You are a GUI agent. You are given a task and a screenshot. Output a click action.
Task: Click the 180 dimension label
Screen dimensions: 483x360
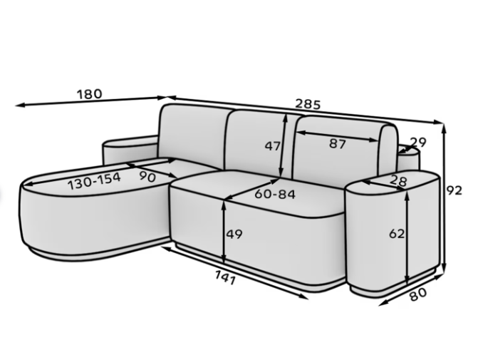tap(89, 94)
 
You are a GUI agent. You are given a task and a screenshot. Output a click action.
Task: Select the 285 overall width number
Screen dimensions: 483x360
tap(308, 105)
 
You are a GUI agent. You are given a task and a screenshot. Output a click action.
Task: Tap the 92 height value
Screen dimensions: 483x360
tap(455, 191)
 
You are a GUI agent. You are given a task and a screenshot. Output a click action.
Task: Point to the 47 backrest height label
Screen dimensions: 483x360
tap(273, 146)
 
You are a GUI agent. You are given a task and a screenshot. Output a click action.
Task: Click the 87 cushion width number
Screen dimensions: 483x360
tap(337, 144)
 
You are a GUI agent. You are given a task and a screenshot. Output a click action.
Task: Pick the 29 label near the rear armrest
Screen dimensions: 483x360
tap(418, 142)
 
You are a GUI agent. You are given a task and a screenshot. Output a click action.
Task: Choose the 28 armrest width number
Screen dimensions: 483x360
tap(398, 181)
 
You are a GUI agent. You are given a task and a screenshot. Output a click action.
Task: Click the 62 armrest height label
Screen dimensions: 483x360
tap(396, 235)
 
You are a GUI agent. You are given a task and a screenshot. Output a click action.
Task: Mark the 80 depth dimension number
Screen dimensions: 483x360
tap(418, 294)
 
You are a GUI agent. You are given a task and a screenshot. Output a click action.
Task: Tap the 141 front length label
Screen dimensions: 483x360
tap(225, 278)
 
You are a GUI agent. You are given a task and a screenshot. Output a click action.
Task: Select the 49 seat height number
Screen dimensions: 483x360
tap(234, 235)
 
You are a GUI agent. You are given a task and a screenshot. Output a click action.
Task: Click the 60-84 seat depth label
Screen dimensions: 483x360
tap(275, 194)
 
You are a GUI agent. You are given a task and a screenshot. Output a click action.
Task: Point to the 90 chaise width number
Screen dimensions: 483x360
tap(148, 177)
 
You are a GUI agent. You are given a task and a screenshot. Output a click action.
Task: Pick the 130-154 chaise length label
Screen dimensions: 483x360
tap(94, 181)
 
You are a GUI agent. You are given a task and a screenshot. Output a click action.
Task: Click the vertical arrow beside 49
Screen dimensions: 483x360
tap(224, 232)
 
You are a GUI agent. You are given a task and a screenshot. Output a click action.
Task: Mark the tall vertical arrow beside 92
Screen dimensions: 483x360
tap(444, 197)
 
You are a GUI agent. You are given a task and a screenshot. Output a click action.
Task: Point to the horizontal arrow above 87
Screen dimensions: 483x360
tap(338, 136)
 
